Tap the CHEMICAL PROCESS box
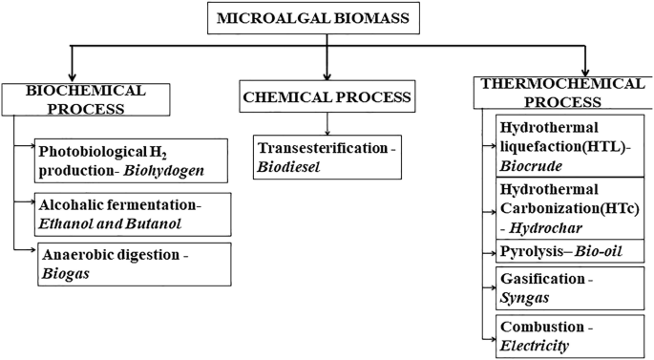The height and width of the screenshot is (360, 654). (327, 96)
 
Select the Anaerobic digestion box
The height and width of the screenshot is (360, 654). (134, 264)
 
